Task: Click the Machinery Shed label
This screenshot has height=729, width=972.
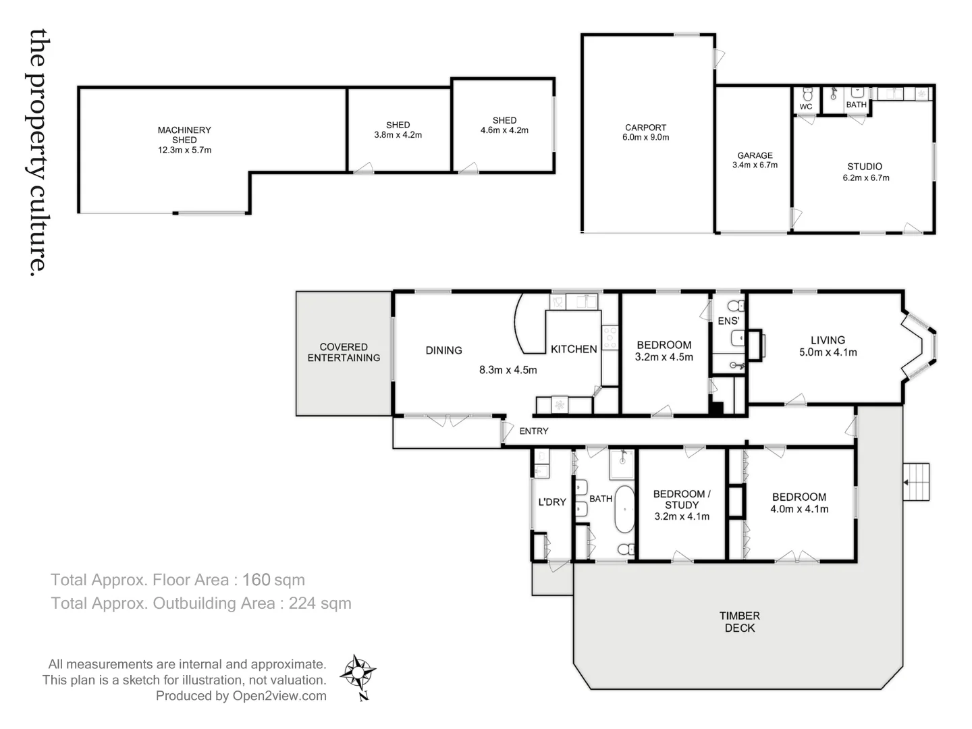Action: [184, 135]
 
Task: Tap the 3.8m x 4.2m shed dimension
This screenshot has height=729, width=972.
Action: [398, 135]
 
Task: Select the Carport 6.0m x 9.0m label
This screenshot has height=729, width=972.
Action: [645, 132]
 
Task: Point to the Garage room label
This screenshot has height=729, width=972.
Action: [755, 155]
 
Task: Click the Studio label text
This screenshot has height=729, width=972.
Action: [865, 167]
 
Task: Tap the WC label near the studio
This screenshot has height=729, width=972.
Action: [806, 107]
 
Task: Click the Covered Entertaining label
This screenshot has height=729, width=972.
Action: [344, 352]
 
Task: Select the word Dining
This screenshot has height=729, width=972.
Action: [443, 350]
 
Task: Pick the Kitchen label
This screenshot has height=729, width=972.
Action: [574, 349]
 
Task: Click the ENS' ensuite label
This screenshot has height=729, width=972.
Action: [728, 321]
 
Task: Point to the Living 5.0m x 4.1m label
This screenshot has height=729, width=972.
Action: [828, 346]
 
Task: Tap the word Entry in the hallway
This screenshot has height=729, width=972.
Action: [533, 431]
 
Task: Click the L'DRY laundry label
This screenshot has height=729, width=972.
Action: [551, 502]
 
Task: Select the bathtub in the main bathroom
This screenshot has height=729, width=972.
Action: [624, 510]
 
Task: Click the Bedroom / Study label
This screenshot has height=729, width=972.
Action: [682, 505]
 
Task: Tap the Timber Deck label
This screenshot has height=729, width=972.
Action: [740, 622]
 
